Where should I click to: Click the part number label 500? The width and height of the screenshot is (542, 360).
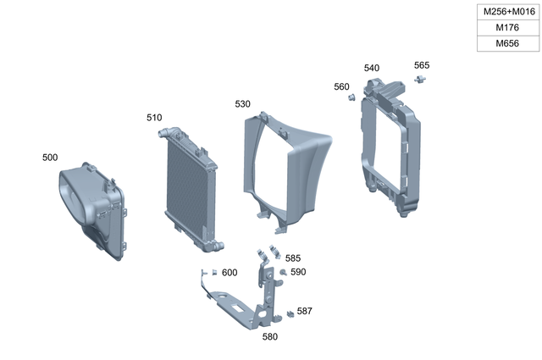(50, 158)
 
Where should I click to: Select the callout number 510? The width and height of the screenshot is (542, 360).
(153, 118)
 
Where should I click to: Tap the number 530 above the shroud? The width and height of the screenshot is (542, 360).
(242, 104)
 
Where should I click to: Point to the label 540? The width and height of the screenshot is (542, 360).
(372, 68)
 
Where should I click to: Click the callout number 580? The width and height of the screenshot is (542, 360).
(269, 336)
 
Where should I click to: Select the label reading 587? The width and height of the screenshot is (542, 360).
(304, 311)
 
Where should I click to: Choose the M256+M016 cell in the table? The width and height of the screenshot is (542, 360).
(508, 12)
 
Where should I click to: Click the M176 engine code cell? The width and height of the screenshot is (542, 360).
(508, 28)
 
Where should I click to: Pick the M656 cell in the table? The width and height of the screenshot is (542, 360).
(508, 43)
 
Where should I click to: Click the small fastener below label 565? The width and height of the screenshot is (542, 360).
(420, 79)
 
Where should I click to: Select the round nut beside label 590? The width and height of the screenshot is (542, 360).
(283, 272)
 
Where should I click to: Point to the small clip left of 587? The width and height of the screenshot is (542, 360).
(290, 313)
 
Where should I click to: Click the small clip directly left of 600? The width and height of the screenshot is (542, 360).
(215, 272)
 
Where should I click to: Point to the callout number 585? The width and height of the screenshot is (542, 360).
(292, 258)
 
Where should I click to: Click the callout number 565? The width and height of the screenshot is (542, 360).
(422, 65)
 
